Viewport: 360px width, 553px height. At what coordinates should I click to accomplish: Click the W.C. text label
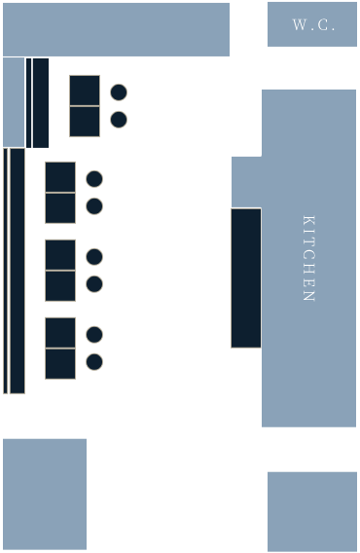tap(313, 25)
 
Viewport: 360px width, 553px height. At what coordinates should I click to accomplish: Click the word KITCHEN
tap(308, 258)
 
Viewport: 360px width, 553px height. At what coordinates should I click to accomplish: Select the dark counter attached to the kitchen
tap(245, 277)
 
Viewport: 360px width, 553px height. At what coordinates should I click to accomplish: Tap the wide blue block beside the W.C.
tap(116, 29)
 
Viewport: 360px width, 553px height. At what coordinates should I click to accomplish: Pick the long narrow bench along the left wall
tap(15, 271)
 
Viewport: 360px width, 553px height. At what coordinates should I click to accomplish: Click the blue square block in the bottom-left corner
tap(45, 494)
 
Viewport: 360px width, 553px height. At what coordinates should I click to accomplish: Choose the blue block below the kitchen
tap(311, 511)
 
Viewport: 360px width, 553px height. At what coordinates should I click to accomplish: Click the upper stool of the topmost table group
tap(119, 92)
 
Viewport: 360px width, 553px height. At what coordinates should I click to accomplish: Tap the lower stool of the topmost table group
tap(119, 120)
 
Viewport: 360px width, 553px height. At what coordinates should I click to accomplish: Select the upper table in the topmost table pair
tap(85, 91)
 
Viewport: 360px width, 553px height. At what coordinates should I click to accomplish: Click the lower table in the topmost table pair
tap(85, 122)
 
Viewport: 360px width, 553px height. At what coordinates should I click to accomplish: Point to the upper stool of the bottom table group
tap(94, 335)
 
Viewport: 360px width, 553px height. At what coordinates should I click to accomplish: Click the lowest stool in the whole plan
tap(94, 362)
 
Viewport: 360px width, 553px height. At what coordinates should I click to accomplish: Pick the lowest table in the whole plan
tap(60, 363)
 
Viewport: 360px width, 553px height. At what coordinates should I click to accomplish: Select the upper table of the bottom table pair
tap(60, 333)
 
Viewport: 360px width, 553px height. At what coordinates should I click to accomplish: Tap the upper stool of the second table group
tap(94, 179)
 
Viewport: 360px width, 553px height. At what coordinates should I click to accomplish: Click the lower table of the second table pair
tap(60, 207)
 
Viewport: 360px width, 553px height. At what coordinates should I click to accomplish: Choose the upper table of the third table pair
tap(60, 255)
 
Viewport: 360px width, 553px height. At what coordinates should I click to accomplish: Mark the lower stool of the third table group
tap(94, 284)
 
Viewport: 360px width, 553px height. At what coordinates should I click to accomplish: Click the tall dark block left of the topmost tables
tap(37, 102)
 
